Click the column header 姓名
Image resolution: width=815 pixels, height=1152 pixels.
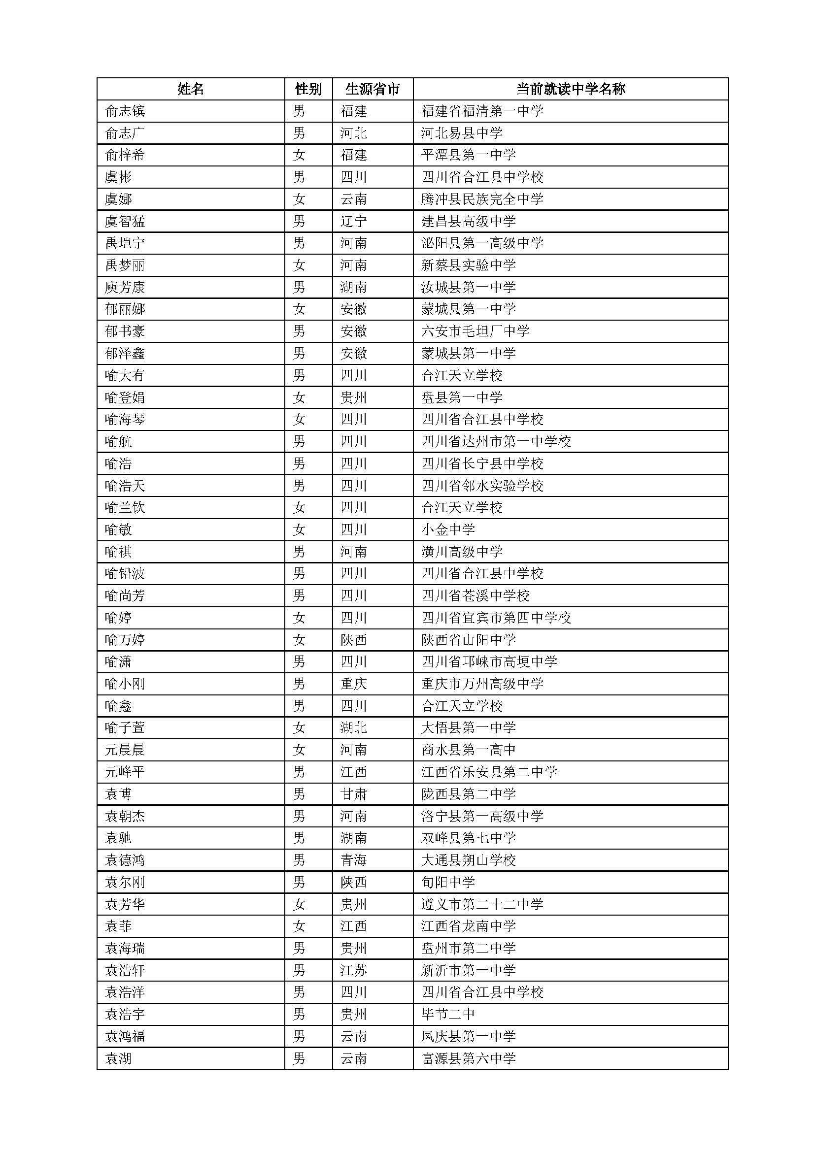191,89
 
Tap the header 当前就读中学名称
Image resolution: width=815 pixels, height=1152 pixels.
571,89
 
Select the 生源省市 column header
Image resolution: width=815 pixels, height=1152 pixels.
373,89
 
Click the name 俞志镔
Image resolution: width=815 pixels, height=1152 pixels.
125,111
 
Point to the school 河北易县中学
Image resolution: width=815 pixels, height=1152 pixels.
462,133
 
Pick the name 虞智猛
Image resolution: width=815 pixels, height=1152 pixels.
125,221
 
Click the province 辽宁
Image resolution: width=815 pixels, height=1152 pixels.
354,221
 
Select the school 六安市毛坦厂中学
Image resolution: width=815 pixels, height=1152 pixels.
475,331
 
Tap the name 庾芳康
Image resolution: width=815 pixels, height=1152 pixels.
125,287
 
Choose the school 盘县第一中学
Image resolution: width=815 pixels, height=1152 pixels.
462,397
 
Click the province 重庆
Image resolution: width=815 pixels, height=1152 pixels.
354,684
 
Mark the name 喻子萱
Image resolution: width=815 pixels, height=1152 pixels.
125,728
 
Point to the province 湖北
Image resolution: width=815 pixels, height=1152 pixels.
354,728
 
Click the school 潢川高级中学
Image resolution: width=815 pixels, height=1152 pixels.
462,552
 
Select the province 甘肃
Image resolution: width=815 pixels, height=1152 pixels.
354,794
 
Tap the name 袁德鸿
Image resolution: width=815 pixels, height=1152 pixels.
125,860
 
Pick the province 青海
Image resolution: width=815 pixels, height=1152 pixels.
354,860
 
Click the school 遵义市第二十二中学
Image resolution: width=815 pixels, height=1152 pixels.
482,904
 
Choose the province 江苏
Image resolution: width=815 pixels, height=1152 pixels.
354,970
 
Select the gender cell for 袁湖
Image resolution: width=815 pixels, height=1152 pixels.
299,1059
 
